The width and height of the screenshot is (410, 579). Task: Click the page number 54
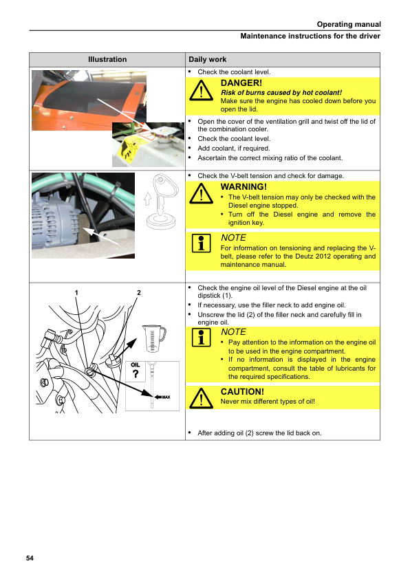click(30, 558)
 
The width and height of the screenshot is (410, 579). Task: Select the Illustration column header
click(107, 59)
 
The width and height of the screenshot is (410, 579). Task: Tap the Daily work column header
click(207, 59)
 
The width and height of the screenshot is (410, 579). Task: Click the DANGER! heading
click(241, 83)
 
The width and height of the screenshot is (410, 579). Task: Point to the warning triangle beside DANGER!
click(201, 91)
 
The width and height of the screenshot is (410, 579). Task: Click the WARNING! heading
click(244, 187)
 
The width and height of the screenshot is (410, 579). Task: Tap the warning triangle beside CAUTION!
click(201, 398)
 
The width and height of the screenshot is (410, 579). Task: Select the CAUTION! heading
click(242, 392)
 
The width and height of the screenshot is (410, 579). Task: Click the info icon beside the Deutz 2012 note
click(202, 243)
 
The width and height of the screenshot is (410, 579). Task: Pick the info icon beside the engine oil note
click(202, 338)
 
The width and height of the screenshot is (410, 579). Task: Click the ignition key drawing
click(161, 201)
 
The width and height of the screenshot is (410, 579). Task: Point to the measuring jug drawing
click(153, 338)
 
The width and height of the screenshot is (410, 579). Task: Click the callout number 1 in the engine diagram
click(76, 293)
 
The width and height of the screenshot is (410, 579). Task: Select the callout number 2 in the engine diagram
click(139, 293)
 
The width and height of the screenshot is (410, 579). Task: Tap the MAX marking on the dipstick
click(166, 397)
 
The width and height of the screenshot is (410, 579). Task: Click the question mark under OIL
click(136, 374)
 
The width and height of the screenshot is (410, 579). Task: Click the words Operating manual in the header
click(349, 24)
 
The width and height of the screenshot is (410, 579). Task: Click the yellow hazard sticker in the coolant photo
click(127, 153)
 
